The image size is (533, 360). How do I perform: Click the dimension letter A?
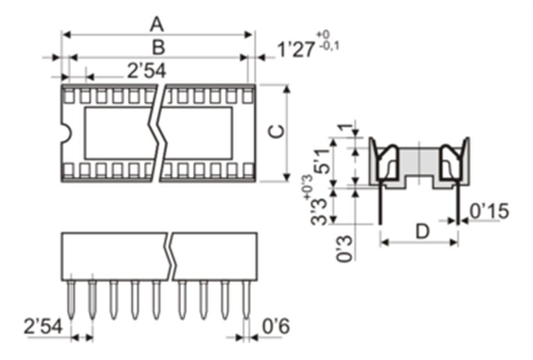tap(157, 25)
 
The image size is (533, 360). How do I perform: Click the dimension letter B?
tap(158, 47)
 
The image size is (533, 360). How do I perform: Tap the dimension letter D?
tap(423, 232)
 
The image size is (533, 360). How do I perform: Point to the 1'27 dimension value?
tap(296, 49)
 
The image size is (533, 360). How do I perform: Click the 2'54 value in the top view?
tap(147, 71)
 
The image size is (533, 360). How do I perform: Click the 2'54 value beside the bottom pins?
tap(43, 326)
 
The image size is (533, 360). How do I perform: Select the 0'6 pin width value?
tap(276, 326)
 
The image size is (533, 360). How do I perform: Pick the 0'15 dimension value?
tap(489, 211)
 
